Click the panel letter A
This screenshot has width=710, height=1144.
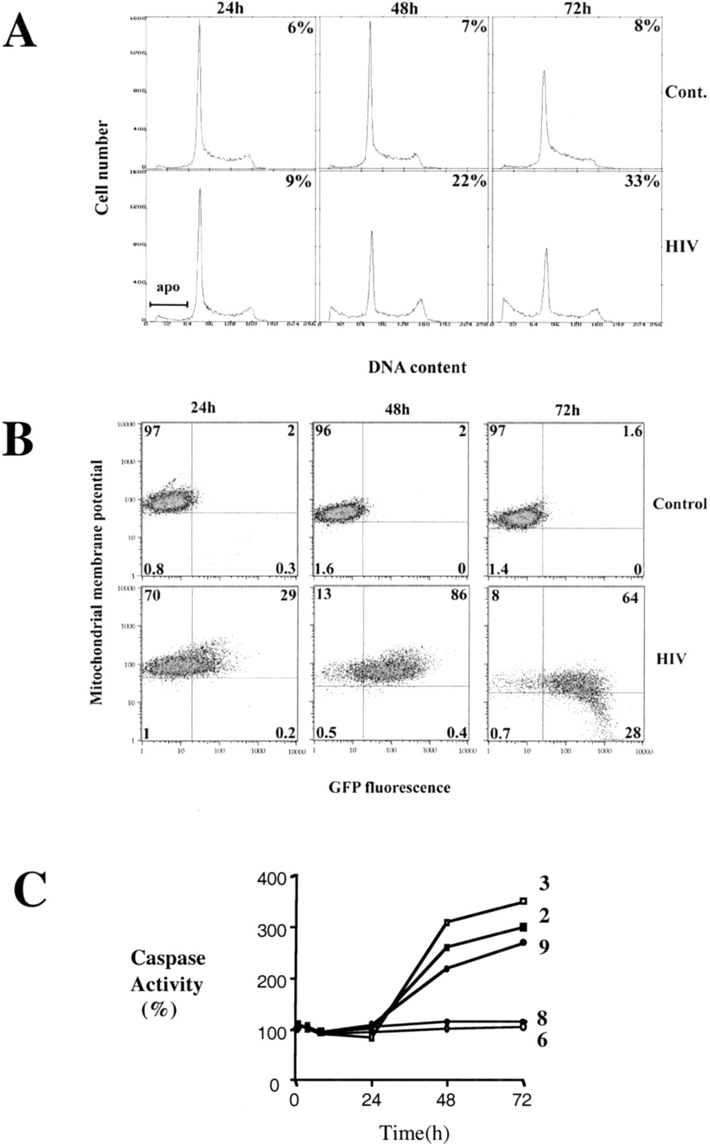pyautogui.click(x=19, y=28)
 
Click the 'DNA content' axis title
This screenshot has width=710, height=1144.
pyautogui.click(x=417, y=367)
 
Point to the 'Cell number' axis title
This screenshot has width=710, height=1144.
pyautogui.click(x=102, y=167)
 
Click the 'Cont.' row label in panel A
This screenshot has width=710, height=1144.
pyautogui.click(x=685, y=92)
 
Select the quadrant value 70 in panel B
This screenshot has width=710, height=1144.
pyautogui.click(x=152, y=596)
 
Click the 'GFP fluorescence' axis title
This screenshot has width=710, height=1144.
pyautogui.click(x=389, y=787)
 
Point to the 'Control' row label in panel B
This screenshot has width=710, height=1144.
pyautogui.click(x=679, y=504)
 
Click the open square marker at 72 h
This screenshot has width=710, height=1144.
pyautogui.click(x=523, y=901)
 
